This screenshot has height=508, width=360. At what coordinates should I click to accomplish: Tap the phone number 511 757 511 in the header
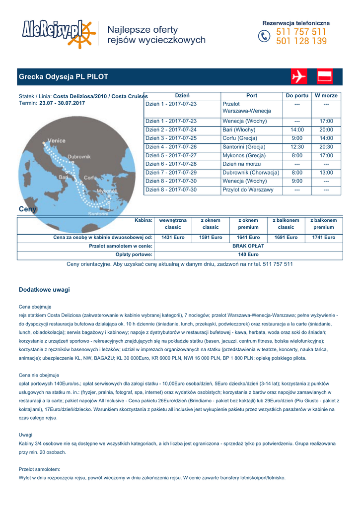click(x=301, y=32)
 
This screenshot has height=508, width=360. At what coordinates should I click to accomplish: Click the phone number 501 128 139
click(x=301, y=42)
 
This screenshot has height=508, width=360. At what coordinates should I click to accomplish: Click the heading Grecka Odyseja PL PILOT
click(x=63, y=77)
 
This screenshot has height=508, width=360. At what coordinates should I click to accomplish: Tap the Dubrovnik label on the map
click(x=79, y=156)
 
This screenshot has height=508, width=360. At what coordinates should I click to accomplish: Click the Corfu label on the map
click(x=90, y=177)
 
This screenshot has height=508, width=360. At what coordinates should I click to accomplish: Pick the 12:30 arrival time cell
click(x=297, y=147)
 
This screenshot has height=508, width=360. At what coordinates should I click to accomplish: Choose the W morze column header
click(x=326, y=96)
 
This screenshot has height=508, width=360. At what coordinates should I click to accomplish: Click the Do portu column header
click(x=297, y=96)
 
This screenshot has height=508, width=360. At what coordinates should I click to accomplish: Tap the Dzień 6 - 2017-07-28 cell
click(x=171, y=164)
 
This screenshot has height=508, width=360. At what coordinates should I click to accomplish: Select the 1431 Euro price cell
click(x=173, y=238)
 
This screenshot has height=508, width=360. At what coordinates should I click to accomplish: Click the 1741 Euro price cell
click(x=323, y=238)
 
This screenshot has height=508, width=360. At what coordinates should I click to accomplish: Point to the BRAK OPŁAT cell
click(x=248, y=246)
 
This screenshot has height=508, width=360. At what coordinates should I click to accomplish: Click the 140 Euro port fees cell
click(x=248, y=254)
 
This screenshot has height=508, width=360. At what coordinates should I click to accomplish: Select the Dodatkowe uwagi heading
click(x=44, y=289)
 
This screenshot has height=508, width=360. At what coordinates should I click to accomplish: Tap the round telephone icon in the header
click(x=264, y=37)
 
